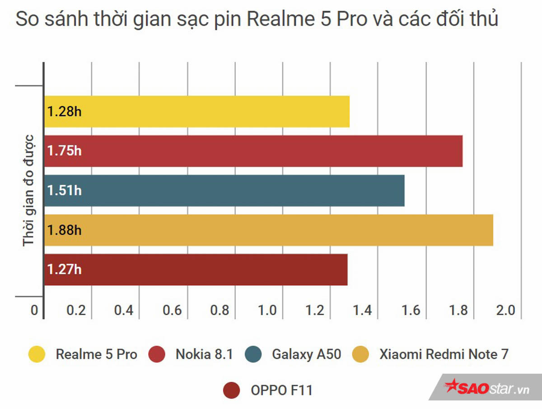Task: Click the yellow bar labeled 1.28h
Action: click(197, 112)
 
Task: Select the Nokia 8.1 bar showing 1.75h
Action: click(253, 151)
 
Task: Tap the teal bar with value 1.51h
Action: click(224, 190)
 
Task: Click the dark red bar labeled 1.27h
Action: click(196, 270)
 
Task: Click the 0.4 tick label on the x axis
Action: click(124, 311)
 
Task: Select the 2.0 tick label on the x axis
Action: click(505, 311)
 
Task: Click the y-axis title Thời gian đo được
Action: click(29, 190)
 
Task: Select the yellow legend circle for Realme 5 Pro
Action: click(37, 354)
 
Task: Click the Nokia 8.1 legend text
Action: click(204, 354)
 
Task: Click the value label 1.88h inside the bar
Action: click(64, 230)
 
